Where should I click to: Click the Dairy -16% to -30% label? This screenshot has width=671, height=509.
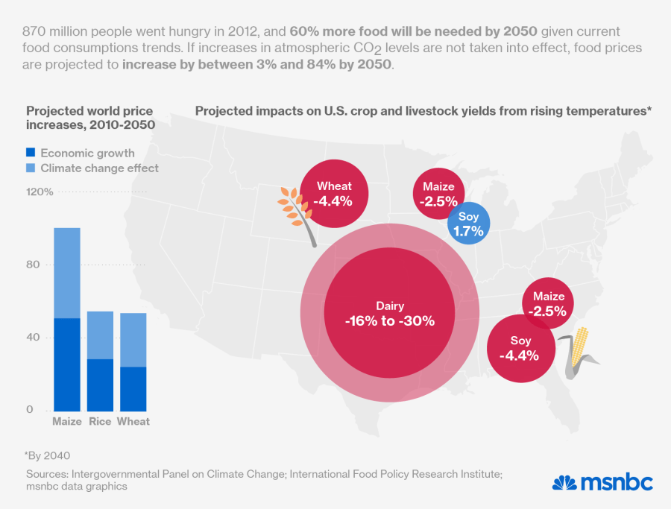point(389,313)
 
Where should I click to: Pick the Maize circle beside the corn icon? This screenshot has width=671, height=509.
point(549,303)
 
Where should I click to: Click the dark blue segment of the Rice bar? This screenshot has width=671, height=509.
point(100,385)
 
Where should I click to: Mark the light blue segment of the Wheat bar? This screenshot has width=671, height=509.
point(133,340)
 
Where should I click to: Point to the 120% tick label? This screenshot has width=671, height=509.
point(40,192)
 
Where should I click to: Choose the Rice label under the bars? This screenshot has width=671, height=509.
point(100,422)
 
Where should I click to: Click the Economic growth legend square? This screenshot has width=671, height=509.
point(31,153)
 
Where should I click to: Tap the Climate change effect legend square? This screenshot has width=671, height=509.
point(31,168)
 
